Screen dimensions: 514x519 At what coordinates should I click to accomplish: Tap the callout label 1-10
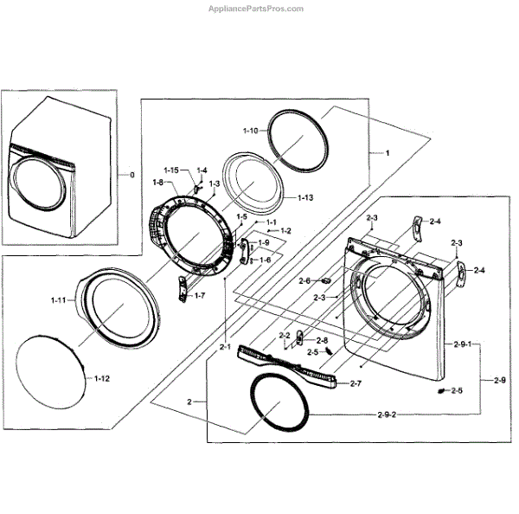tap(249, 131)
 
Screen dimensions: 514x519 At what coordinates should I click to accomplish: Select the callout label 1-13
tap(304, 198)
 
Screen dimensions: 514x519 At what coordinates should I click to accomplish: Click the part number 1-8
tap(158, 182)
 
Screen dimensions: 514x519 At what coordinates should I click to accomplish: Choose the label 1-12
tap(102, 379)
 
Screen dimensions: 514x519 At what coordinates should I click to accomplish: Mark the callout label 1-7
tap(199, 296)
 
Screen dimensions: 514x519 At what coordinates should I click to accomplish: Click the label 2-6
tap(304, 280)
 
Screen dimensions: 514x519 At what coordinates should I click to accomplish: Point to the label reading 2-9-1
tap(461, 345)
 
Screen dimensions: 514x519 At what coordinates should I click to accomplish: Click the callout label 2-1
tap(224, 347)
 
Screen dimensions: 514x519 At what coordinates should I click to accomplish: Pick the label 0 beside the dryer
tap(131, 176)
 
